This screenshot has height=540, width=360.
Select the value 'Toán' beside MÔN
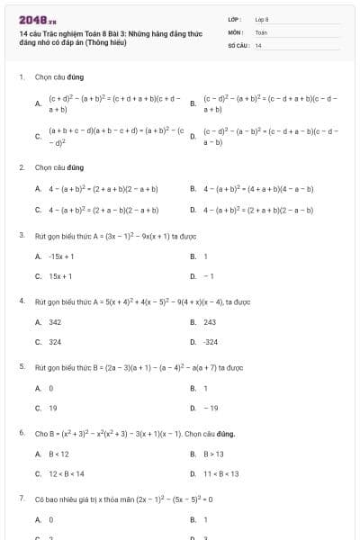click(261, 31)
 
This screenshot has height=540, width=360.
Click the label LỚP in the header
click(235, 19)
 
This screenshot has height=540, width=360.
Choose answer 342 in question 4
click(55, 321)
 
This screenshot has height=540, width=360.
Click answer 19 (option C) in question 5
click(52, 408)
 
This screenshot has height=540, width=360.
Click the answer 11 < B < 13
click(221, 473)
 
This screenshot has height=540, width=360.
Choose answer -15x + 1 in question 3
click(61, 256)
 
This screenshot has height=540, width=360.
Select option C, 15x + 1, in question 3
click(60, 276)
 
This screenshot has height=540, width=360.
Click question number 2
click(22, 167)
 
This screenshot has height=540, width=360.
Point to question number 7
click(22, 498)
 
